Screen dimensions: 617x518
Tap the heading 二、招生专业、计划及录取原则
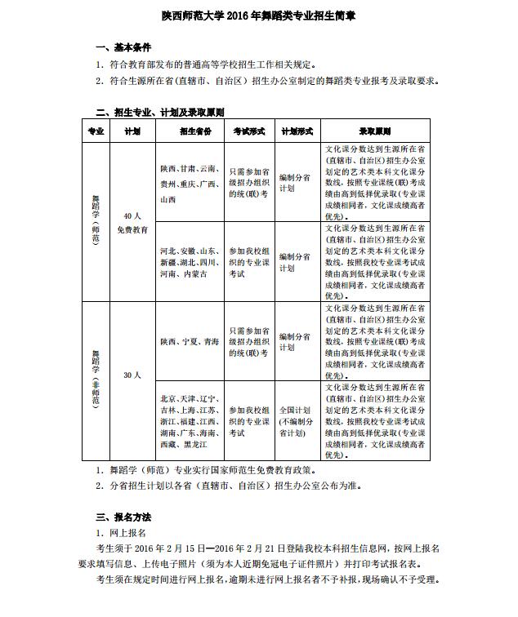click(x=160, y=112)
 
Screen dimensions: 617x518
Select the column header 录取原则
click(x=375, y=131)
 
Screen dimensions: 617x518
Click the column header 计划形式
click(x=297, y=131)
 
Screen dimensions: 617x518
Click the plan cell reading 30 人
click(x=132, y=375)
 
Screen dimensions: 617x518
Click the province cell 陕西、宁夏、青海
click(x=190, y=341)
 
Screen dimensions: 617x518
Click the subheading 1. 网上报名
click(x=123, y=531)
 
